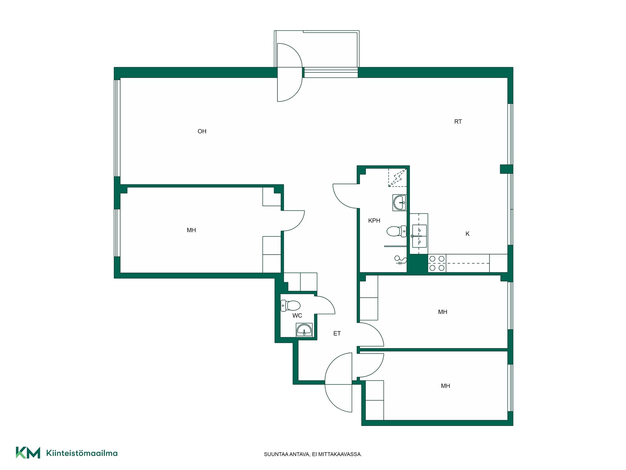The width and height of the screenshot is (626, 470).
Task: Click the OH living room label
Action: point(202,131)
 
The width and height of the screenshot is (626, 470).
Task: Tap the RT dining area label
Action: point(458,121)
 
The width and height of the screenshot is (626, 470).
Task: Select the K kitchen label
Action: point(468,234)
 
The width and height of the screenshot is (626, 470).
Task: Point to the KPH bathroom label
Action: point(374,221)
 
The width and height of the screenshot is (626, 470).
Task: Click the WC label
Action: point(297,316)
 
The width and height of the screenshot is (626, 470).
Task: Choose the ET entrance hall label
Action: point(337,333)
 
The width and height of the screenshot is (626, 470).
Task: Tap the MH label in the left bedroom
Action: point(191,230)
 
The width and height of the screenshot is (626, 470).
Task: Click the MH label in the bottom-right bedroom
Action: point(445,386)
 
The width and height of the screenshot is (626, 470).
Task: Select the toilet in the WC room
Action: point(291,306)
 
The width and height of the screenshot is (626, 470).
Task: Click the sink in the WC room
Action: point(304,330)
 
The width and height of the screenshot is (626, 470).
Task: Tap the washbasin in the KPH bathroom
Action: point(400,203)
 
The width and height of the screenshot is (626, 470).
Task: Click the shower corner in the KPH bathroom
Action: point(397,178)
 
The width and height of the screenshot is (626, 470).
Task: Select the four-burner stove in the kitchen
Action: point(437,263)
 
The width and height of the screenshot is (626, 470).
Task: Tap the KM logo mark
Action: point(28,453)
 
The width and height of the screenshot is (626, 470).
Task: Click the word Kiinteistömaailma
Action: point(82,453)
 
